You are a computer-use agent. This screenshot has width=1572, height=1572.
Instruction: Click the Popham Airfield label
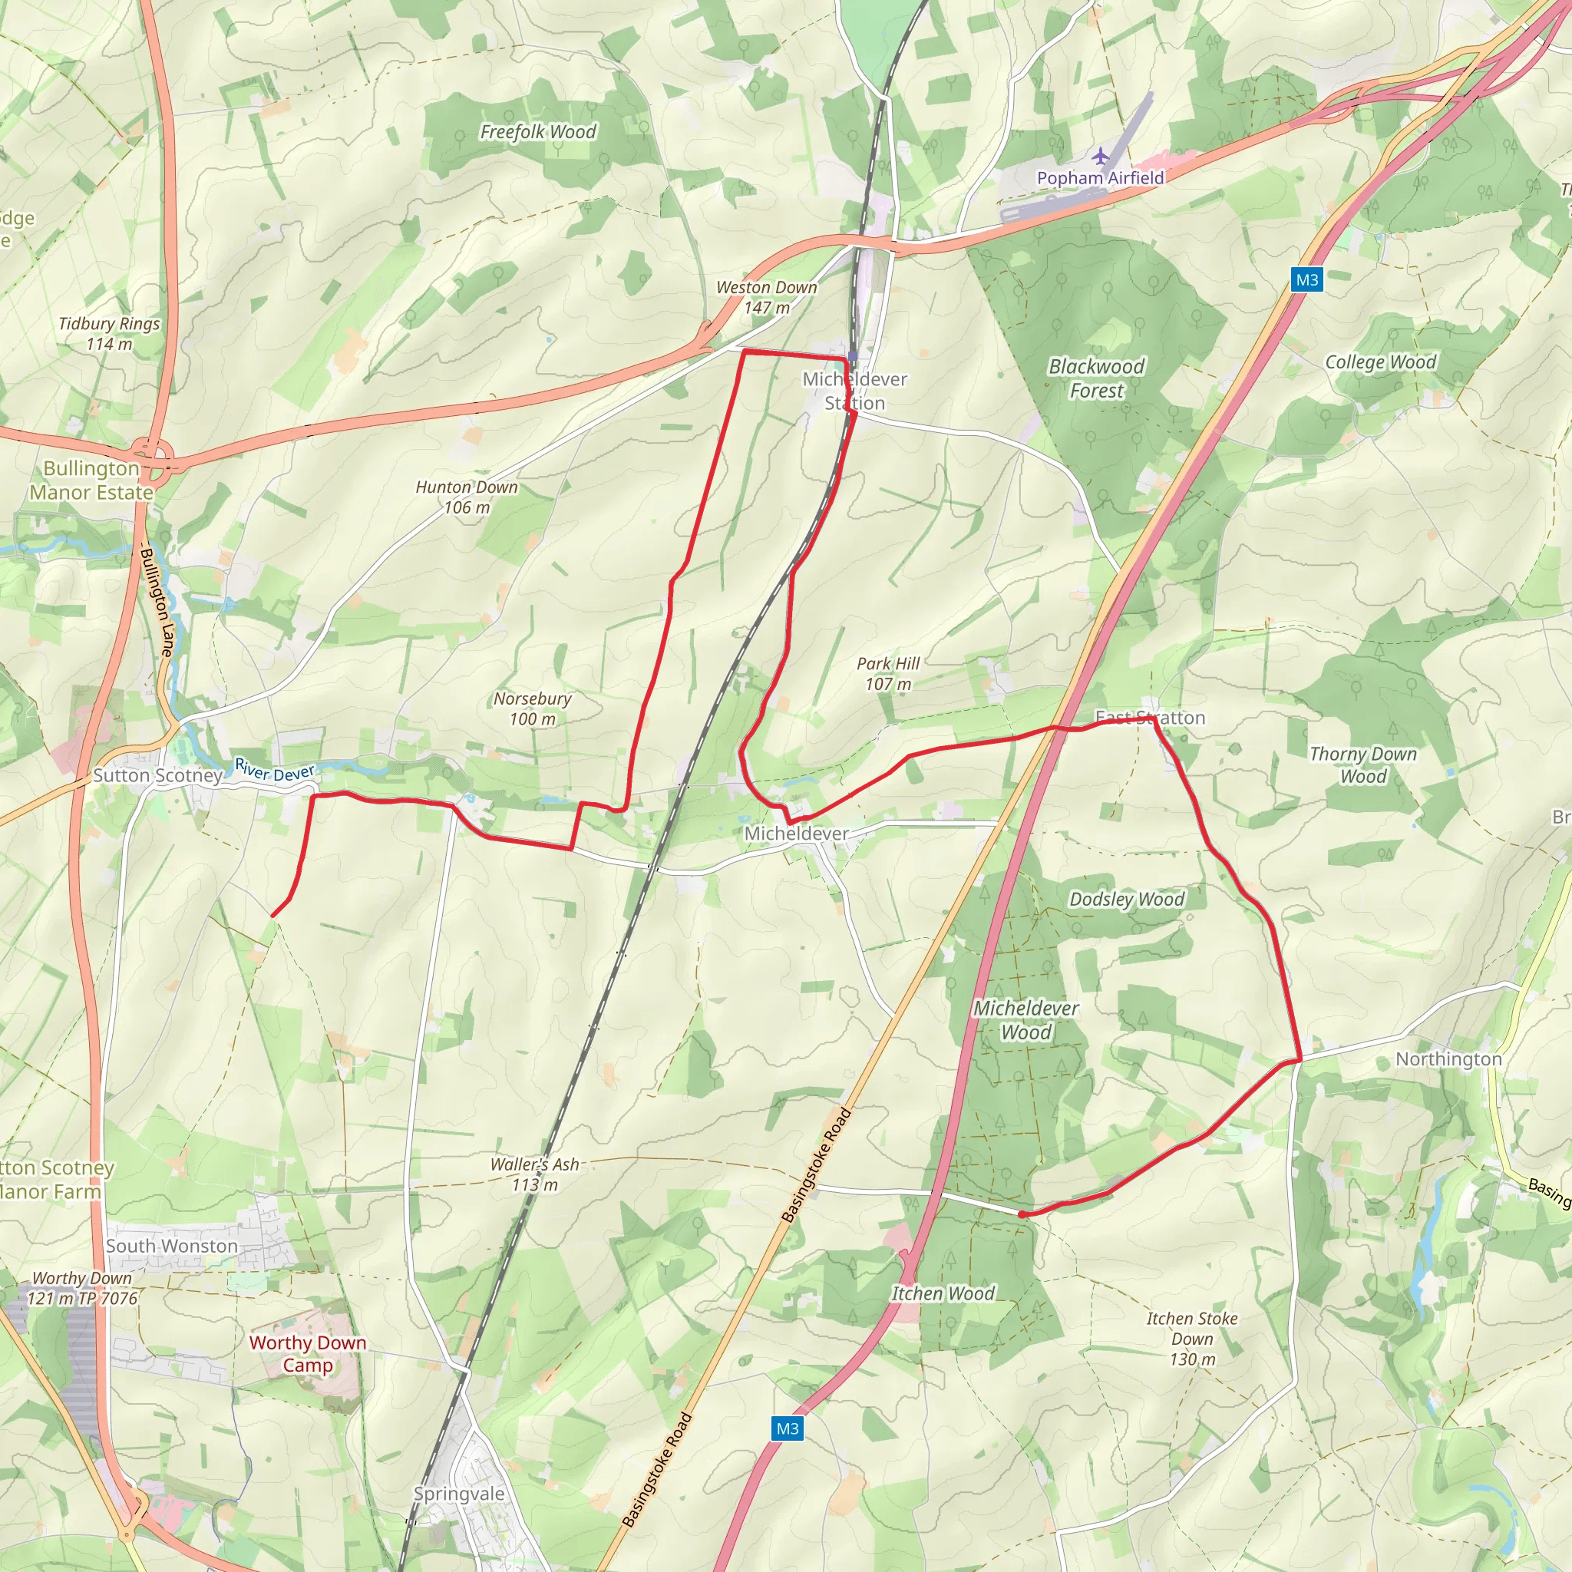[x=1100, y=177]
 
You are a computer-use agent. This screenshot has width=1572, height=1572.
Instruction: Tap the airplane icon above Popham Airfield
[x=1100, y=155]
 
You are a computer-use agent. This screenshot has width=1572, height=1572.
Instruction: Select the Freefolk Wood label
[x=538, y=132]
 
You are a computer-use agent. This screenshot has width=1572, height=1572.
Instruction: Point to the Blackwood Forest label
[x=1096, y=378]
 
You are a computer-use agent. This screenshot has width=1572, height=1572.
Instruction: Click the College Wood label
[x=1380, y=362]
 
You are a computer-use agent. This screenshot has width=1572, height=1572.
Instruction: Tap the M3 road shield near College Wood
[x=1306, y=280]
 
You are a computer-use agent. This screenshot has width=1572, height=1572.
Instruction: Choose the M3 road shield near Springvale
[x=787, y=1428]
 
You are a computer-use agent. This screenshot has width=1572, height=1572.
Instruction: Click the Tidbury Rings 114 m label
[x=109, y=334]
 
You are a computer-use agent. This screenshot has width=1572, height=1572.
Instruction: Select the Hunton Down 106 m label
[x=466, y=497]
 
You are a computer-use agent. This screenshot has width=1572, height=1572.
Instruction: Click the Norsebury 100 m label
[x=532, y=708]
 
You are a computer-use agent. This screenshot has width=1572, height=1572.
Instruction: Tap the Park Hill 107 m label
[x=888, y=674]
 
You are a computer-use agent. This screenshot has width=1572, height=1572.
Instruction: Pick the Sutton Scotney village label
[x=157, y=775]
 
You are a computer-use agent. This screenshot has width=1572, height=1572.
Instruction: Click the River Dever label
[x=274, y=770]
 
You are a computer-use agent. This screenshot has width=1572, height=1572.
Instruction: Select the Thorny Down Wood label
[x=1363, y=765]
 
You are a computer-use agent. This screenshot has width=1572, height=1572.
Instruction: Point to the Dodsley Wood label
[x=1126, y=899]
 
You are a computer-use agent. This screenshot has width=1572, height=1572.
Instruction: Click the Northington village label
[x=1448, y=1059]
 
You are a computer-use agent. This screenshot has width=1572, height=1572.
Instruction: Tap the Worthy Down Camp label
[x=308, y=1354]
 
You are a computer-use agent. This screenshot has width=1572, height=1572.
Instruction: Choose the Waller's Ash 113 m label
[x=534, y=1174]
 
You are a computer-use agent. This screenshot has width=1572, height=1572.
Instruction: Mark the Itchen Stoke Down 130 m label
[x=1192, y=1339]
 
